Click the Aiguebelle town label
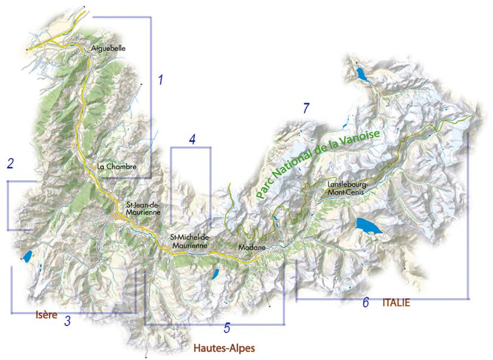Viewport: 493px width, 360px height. (109, 47)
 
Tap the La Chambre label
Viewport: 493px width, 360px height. (118, 167)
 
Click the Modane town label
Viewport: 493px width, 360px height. (251, 247)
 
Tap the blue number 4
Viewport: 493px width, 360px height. (192, 139)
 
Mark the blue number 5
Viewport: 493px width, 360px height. (227, 327)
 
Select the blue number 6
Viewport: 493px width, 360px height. (365, 303)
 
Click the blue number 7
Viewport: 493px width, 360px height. (306, 108)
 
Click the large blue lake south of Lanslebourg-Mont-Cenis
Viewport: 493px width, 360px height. (366, 226)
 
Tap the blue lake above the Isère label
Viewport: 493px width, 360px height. (27, 258)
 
